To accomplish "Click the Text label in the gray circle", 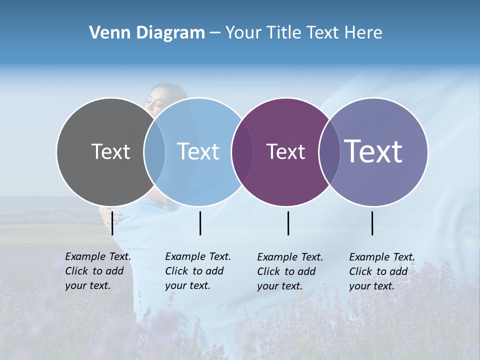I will pyautogui.click(x=110, y=151).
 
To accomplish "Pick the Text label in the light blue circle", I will pyautogui.click(x=198, y=151).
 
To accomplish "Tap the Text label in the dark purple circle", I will pyautogui.click(x=285, y=151).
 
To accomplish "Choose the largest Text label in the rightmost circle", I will pyautogui.click(x=373, y=151).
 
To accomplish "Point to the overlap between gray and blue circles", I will pyautogui.click(x=154, y=151).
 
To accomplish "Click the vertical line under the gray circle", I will pyautogui.click(x=112, y=223).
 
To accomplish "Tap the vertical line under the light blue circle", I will pyautogui.click(x=200, y=223).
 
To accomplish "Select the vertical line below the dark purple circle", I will pyautogui.click(x=288, y=223).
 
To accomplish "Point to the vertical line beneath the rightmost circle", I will pyautogui.click(x=372, y=223).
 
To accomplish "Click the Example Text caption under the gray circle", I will pyautogui.click(x=98, y=271).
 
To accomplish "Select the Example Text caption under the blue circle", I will pyautogui.click(x=198, y=271).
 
